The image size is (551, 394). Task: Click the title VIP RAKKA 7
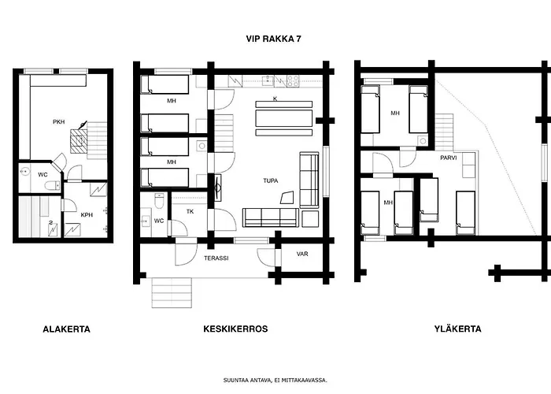coord(273,39)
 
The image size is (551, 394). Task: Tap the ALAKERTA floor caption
coord(66,329)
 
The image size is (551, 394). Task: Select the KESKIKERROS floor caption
coord(235,329)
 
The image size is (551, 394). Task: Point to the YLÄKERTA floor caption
coord(457,329)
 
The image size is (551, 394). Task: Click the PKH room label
coord(59,122)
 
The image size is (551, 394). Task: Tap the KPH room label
coord(87,215)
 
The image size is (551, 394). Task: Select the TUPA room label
coord(271,180)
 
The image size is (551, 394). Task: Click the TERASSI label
coord(216,258)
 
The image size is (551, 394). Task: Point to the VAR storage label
coord(302,254)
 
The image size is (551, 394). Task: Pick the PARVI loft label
coord(449,158)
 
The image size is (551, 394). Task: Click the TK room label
coord(190,212)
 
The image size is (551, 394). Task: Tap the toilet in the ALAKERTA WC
coord(53,185)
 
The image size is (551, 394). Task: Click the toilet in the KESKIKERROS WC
coord(159,201)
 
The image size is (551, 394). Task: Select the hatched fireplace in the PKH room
coord(79,141)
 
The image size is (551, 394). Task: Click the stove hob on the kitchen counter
coord(293,81)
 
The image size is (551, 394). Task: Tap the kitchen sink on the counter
coord(268,81)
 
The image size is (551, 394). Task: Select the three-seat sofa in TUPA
coord(271,217)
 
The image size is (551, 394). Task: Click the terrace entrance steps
coord(172,292)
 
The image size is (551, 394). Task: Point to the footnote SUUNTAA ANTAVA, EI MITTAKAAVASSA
coord(275,381)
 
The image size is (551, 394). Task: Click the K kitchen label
coord(275,98)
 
